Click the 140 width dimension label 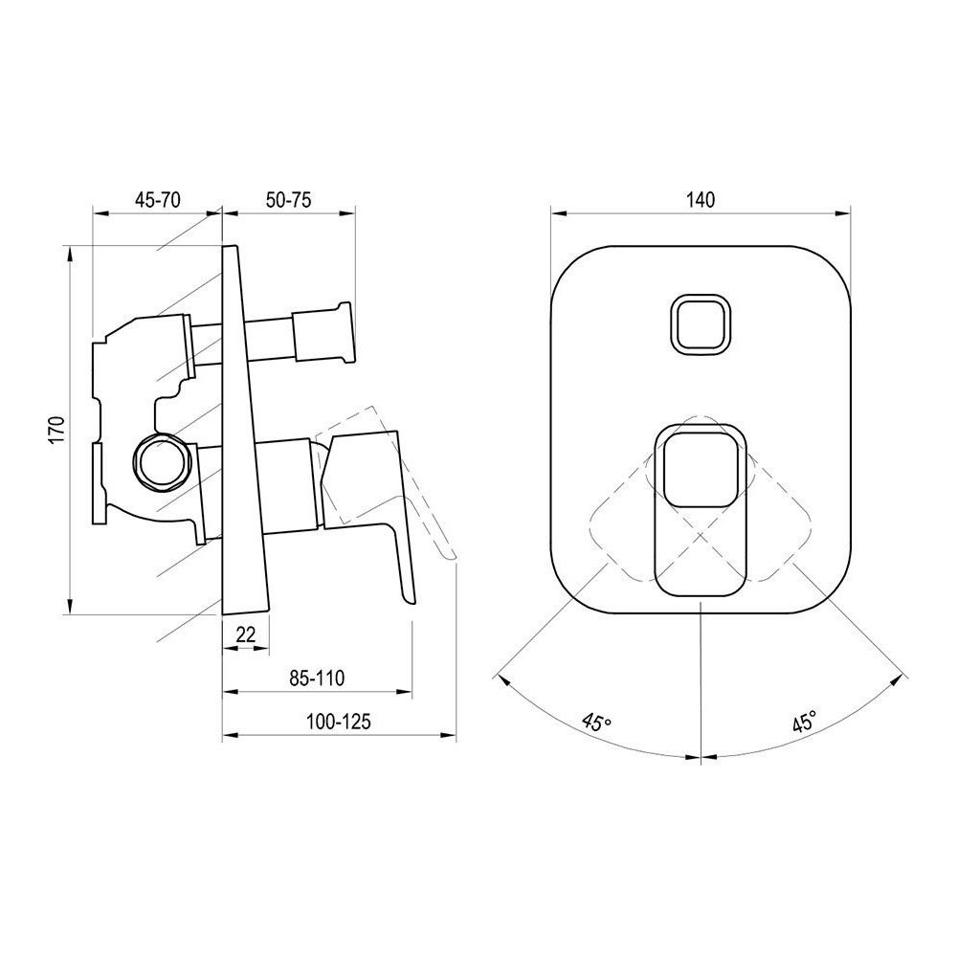[701, 200]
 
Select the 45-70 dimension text [158, 200]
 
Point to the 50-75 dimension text [289, 200]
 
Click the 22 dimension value [245, 635]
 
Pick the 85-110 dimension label [317, 678]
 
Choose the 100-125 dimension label [339, 722]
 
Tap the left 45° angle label [596, 722]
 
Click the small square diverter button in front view [701, 323]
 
